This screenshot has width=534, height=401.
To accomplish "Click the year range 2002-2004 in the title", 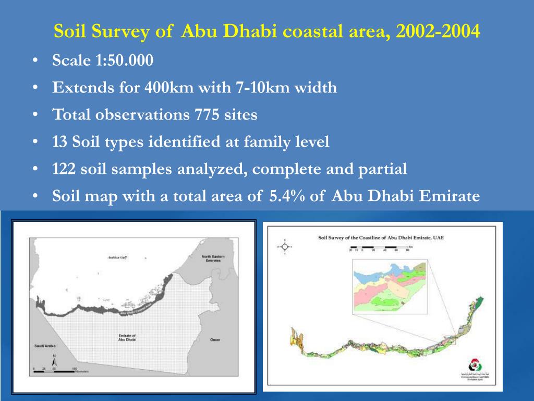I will point(438,32).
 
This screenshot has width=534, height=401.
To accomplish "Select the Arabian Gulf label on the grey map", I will point(117,257).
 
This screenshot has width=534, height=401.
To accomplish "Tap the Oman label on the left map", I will point(215,340).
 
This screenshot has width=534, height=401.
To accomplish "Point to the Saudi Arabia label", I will point(41,346).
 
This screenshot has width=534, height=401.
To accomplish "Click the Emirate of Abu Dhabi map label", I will point(127,337).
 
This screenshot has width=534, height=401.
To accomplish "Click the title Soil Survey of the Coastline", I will point(385,238).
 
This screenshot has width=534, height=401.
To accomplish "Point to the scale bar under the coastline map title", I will point(381,249).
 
